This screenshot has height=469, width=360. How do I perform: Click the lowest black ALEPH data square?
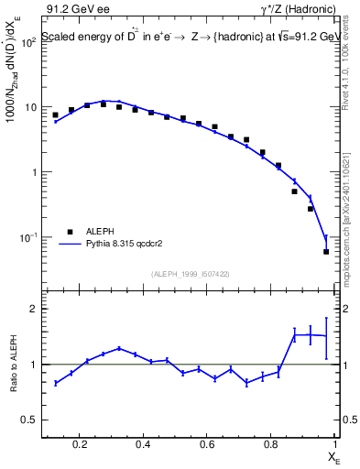tap(326, 252)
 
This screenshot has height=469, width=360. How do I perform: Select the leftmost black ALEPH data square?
tap(55, 115)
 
